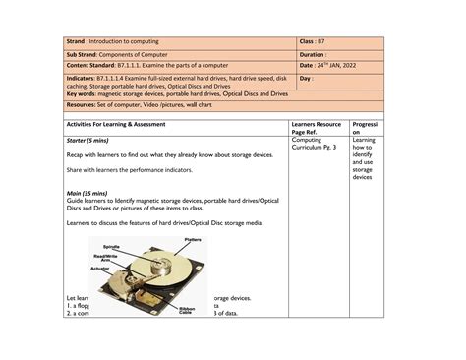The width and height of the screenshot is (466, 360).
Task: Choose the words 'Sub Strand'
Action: [x=83, y=54]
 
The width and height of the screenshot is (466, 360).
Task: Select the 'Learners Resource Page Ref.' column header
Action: [x=316, y=129]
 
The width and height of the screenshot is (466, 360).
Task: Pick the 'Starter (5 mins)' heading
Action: [x=89, y=141]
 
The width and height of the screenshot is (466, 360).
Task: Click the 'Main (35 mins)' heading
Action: [x=87, y=193]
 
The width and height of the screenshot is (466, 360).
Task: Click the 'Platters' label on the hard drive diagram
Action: [x=194, y=240]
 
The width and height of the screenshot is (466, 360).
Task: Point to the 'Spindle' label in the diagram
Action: [x=111, y=247]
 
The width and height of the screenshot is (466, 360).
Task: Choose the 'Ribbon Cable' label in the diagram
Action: [x=186, y=311]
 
